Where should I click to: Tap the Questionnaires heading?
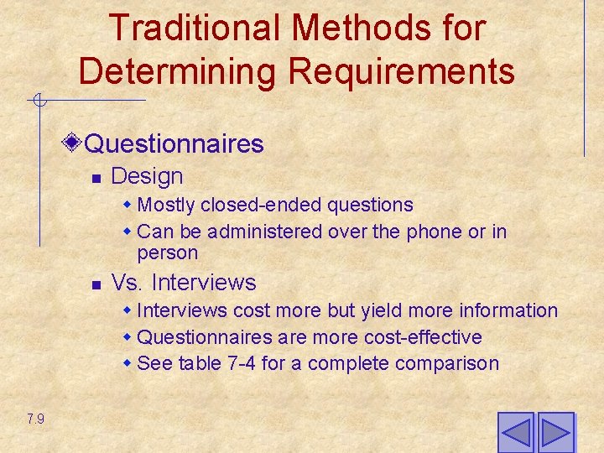[174, 143]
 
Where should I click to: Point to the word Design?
[147, 176]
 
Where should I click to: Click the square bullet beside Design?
[96, 178]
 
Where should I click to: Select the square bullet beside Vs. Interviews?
[96, 284]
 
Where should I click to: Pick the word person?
[168, 253]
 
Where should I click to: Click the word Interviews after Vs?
[204, 283]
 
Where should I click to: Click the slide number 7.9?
[35, 419]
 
